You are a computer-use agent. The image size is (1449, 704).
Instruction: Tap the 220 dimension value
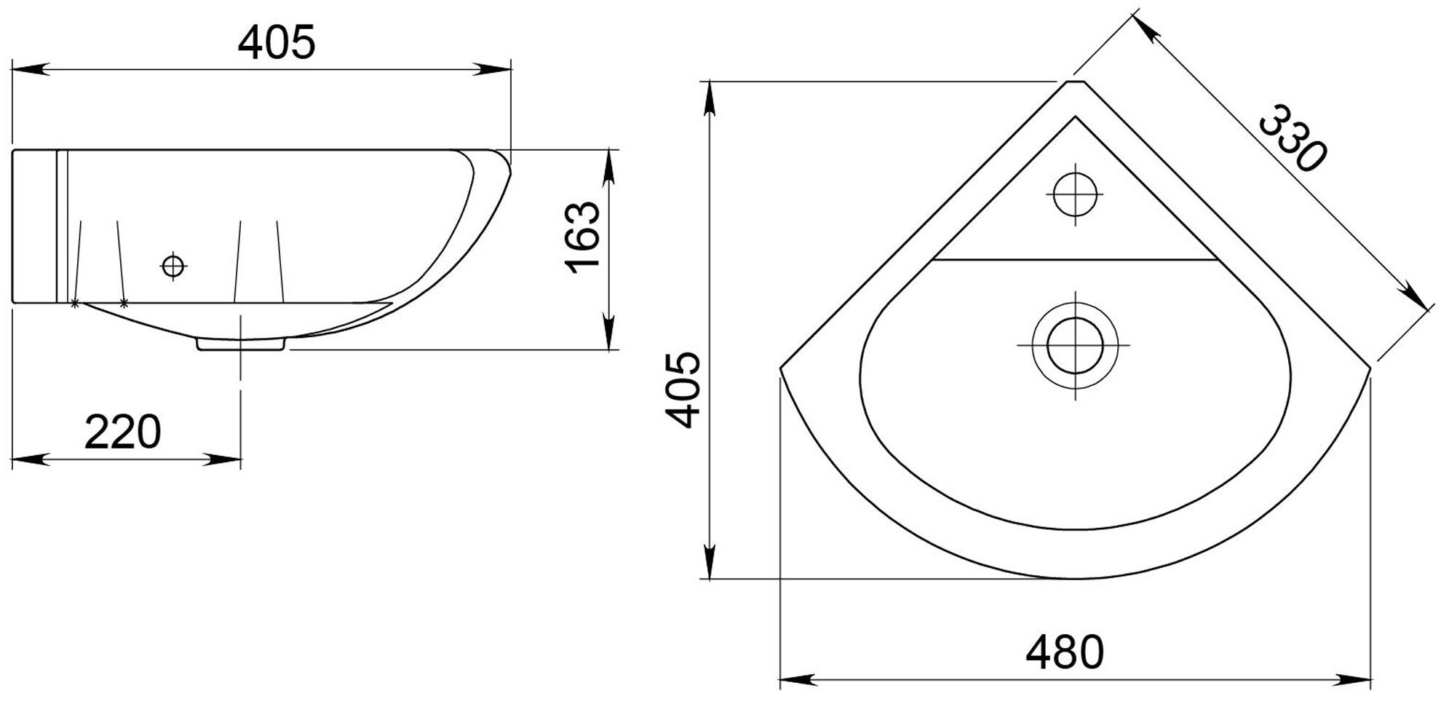[122, 432]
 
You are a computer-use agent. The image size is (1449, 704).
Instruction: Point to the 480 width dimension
[1065, 652]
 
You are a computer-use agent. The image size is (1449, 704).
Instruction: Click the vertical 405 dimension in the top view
[683, 390]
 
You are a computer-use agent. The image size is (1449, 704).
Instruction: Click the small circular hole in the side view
[173, 266]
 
